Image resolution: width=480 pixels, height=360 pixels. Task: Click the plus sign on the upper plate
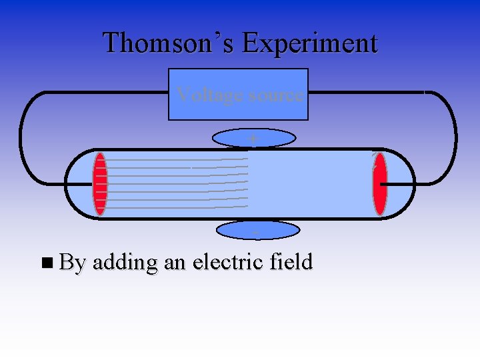tap(253, 138)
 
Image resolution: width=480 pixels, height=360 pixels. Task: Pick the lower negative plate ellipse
tap(237, 230)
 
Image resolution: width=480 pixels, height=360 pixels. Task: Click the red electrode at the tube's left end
tap(100, 184)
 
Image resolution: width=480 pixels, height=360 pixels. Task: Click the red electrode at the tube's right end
tap(380, 184)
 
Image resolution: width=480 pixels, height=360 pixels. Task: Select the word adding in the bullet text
tap(125, 263)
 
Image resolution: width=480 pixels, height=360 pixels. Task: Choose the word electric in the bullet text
tap(228, 262)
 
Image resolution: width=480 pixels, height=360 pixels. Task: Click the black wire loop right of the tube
tap(455, 137)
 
